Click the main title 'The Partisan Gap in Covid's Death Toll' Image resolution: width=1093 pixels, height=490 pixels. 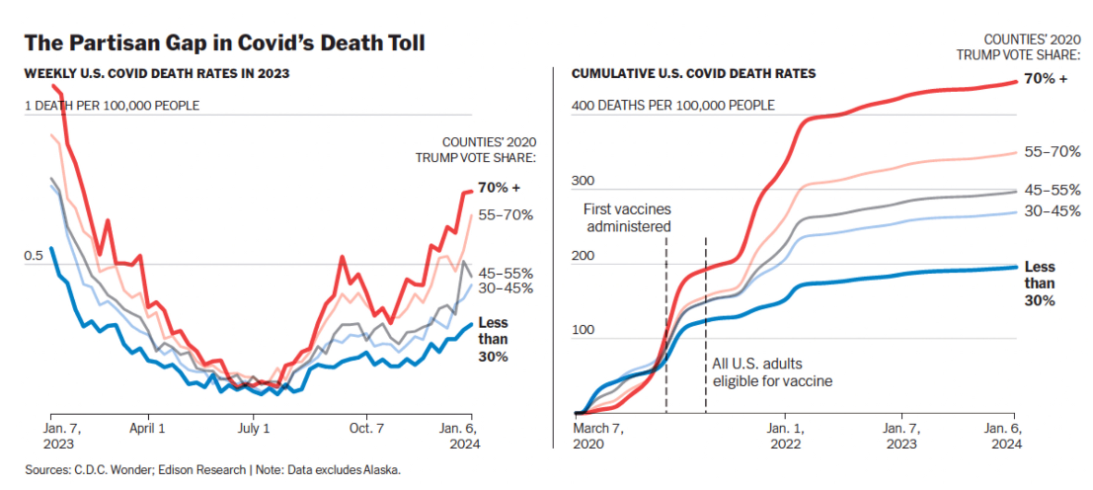[x=224, y=42]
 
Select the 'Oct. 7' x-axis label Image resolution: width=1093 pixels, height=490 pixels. [x=365, y=429]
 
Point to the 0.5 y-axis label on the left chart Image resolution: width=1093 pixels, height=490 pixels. [x=34, y=255]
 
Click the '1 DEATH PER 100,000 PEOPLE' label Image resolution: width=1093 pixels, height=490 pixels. [x=112, y=105]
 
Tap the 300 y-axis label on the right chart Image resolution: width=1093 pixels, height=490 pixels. [x=585, y=181]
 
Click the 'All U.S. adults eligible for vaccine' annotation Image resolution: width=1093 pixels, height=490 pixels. [x=771, y=372]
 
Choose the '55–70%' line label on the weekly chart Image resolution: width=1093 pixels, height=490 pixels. [x=506, y=214]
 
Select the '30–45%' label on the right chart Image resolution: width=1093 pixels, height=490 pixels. [x=1053, y=211]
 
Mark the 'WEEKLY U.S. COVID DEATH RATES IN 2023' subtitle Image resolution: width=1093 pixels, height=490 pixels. [x=156, y=73]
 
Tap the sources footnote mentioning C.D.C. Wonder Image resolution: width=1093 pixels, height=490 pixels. [x=213, y=470]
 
